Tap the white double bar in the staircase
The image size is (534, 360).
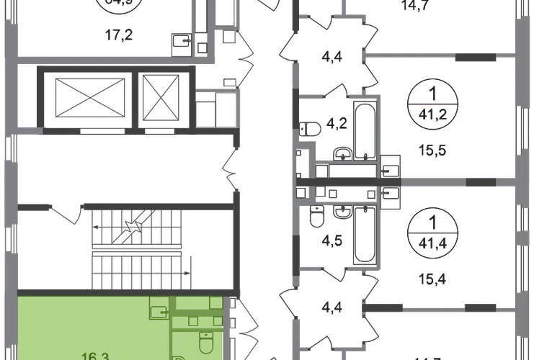pos(136,251)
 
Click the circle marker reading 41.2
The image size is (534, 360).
pos(430,103)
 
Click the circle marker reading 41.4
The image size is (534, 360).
pos(430,229)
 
